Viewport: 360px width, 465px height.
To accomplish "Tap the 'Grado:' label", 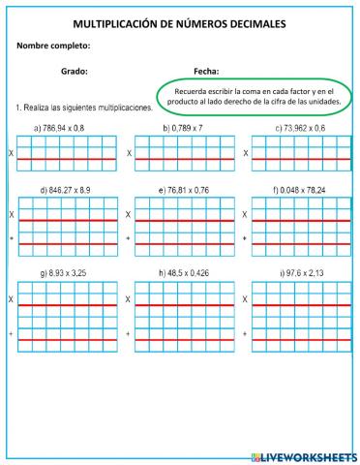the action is tap(75, 71).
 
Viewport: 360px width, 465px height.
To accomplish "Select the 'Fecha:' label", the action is tap(205, 71).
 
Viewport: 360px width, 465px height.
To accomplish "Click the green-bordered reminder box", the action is tap(256, 95).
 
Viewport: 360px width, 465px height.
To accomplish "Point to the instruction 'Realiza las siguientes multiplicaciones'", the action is tap(85, 108).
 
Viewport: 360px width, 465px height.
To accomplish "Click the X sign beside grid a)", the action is tap(12, 153).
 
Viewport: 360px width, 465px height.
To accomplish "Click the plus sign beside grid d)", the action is tap(12, 237).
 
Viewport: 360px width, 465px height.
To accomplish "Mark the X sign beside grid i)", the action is tap(245, 300).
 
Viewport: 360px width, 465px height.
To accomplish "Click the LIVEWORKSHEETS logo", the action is tap(304, 455).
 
